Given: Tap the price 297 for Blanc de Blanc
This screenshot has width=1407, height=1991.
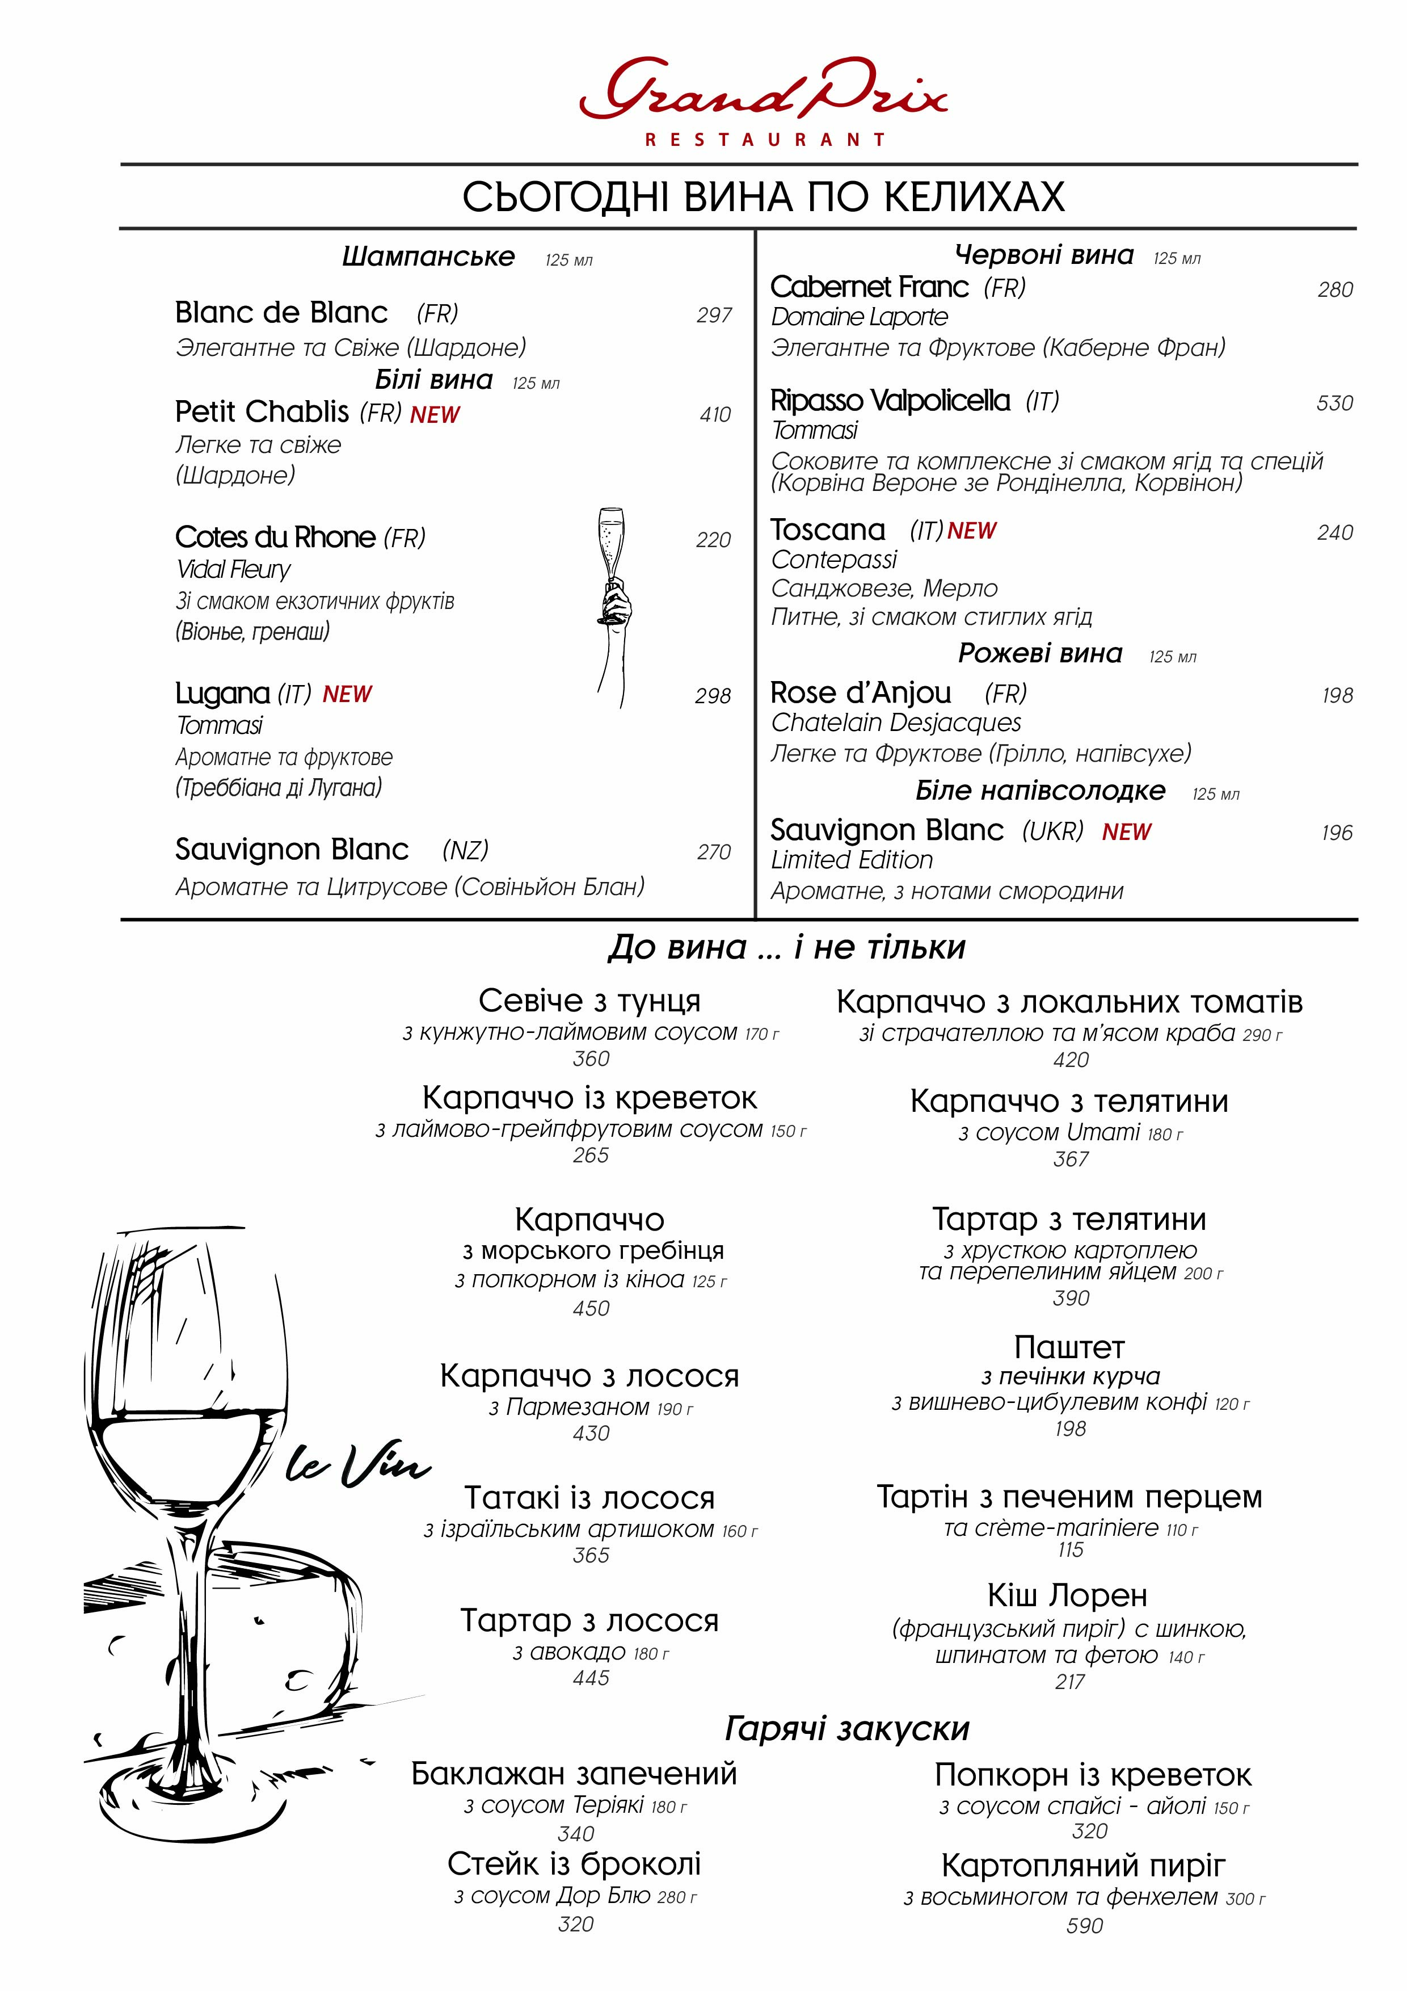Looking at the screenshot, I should [714, 316].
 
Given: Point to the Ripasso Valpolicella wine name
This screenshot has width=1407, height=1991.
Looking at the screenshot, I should [890, 401].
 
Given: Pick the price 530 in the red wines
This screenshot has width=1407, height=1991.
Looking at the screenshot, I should [1334, 403].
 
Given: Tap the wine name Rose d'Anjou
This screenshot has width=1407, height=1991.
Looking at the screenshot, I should [860, 693].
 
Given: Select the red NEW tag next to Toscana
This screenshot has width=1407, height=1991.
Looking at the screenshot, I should [972, 531].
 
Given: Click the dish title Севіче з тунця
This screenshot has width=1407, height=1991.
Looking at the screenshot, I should [589, 1001].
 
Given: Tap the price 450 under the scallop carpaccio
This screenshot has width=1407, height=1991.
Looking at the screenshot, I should [591, 1309].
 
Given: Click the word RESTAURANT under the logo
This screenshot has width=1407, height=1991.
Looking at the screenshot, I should [765, 140].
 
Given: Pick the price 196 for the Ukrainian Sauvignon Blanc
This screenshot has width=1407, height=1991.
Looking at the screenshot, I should [1336, 833].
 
